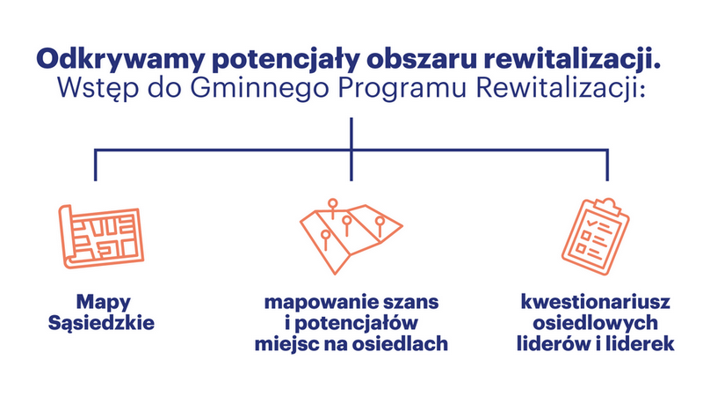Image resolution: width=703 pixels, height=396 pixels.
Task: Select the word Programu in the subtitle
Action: (402, 89)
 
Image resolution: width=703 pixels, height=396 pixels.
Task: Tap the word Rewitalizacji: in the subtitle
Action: (561, 89)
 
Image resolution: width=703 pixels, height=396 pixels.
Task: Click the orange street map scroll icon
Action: (101, 236)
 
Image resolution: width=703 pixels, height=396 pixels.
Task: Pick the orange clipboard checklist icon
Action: (596, 236)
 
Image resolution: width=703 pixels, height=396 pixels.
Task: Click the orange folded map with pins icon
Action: (351, 236)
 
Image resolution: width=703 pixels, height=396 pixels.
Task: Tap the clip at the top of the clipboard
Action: (606, 207)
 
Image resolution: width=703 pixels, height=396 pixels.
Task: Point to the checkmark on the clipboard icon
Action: (592, 222)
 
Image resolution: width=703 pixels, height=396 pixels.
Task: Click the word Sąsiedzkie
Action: (101, 323)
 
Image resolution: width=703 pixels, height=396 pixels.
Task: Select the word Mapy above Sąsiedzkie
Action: (103, 303)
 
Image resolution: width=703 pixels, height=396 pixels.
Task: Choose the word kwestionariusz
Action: (596, 302)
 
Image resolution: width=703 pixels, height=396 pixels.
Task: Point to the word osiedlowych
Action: (596, 323)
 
